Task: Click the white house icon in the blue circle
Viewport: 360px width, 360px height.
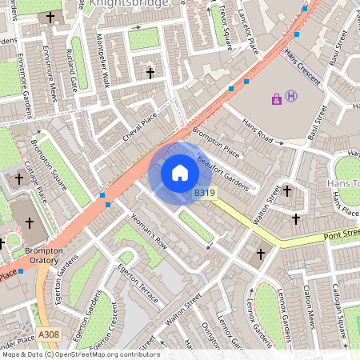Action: [x=180, y=173]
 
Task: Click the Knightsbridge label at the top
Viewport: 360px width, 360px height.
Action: [x=129, y=4]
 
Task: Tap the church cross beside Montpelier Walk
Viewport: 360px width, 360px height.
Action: [x=150, y=73]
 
